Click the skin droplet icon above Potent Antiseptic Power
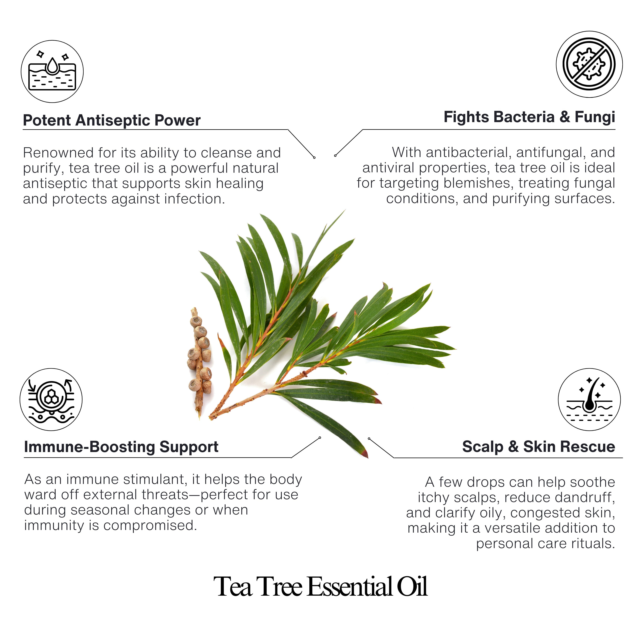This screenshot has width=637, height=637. (x=52, y=72)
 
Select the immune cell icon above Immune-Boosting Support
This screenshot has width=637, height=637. (x=51, y=399)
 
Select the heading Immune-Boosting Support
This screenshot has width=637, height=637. (x=121, y=447)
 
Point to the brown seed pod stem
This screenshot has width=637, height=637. (x=199, y=363)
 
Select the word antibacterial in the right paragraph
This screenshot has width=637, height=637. (x=468, y=153)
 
